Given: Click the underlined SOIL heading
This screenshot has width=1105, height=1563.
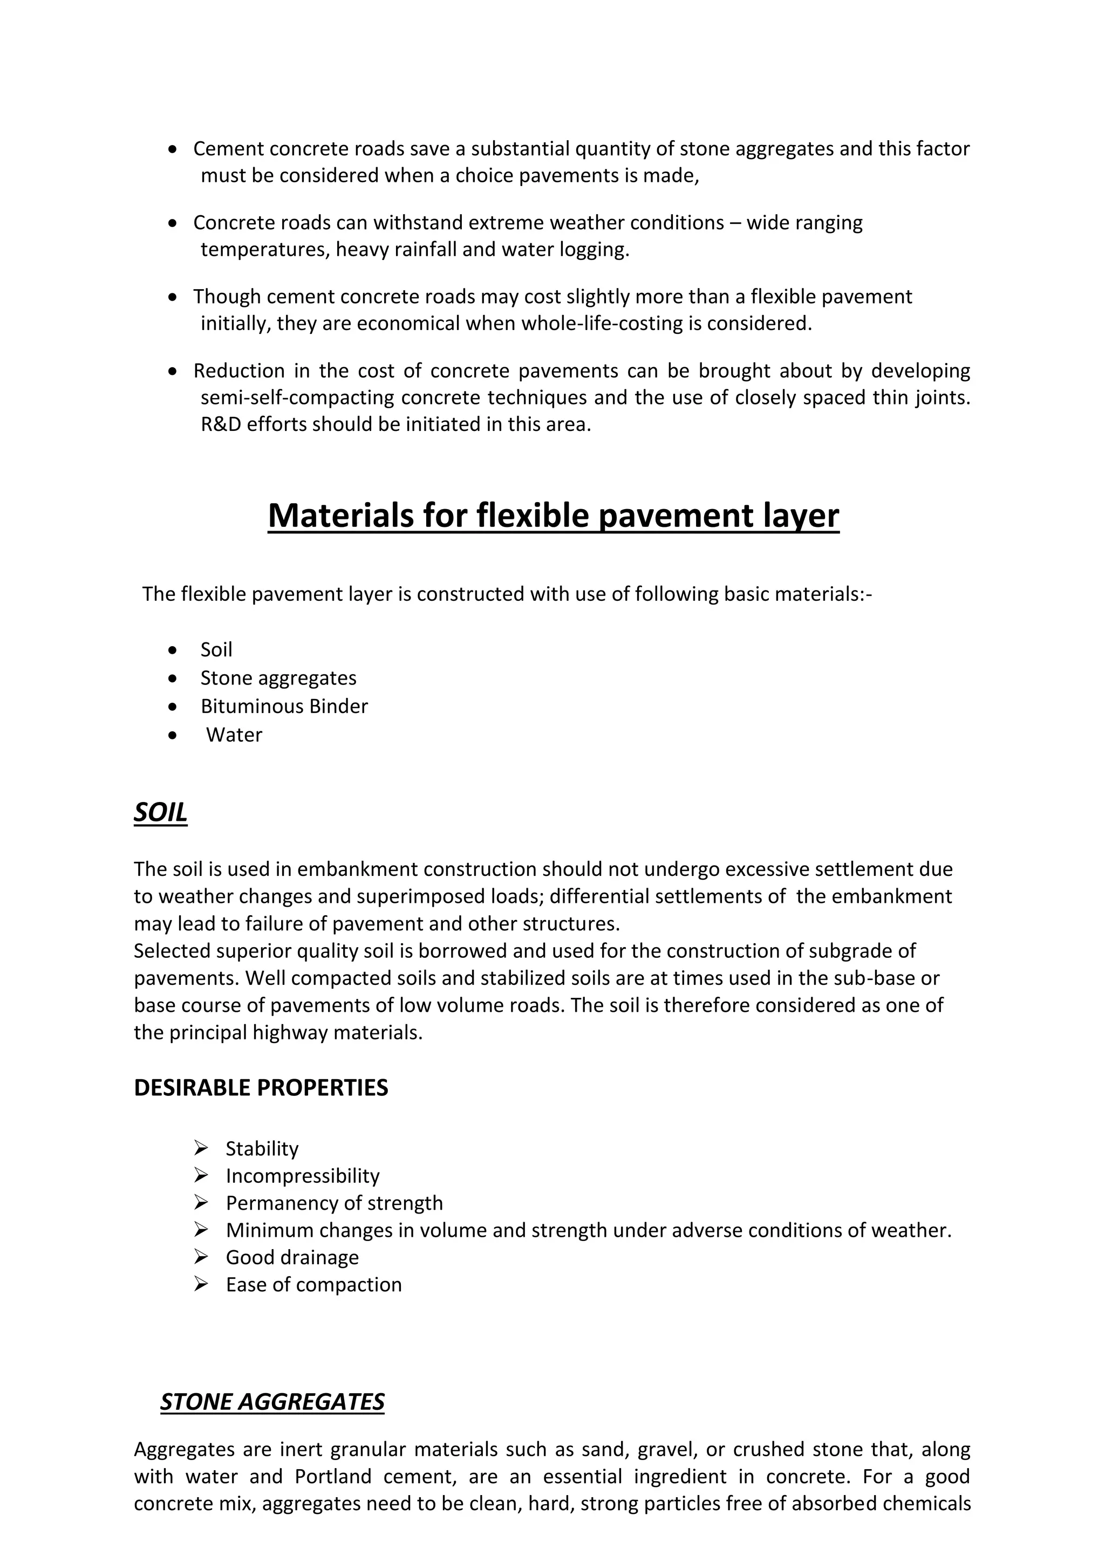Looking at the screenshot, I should [x=161, y=812].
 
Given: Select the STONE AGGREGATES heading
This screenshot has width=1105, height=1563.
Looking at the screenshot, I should [x=272, y=1402].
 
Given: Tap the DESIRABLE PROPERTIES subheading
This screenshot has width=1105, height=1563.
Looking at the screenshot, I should [x=261, y=1088].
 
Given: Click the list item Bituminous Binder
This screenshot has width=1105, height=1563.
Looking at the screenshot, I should [x=284, y=706].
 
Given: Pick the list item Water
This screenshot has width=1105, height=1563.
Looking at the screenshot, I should [x=234, y=735].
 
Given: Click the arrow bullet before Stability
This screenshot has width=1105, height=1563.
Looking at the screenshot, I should [x=200, y=1148].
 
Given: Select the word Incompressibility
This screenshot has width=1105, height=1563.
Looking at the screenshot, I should [x=302, y=1176].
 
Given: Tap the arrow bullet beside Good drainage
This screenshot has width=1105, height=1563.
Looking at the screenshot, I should [x=200, y=1257].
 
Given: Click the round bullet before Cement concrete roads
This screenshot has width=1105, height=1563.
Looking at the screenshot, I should [x=174, y=148].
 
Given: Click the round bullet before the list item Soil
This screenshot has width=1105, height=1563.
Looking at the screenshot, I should [x=174, y=650].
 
